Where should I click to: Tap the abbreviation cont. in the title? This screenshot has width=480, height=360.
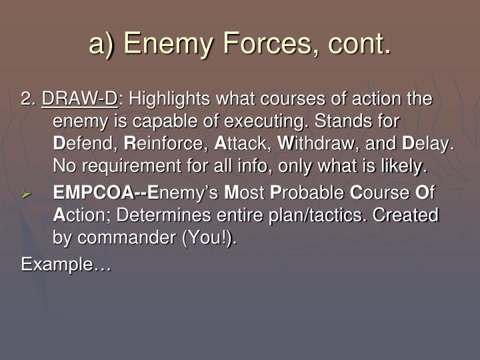[x=357, y=44]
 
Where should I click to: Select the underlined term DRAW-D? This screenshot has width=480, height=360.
[x=79, y=100]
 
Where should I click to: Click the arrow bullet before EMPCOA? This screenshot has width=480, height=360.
[x=27, y=195]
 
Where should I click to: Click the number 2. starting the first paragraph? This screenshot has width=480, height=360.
[x=28, y=100]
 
